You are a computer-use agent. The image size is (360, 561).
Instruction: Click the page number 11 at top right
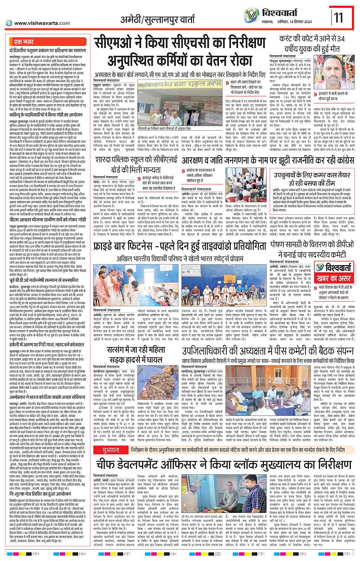click(x=339, y=17)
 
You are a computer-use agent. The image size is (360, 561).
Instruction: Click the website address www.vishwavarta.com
click(x=42, y=23)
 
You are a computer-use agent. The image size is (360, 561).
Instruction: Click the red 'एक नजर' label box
click(x=24, y=42)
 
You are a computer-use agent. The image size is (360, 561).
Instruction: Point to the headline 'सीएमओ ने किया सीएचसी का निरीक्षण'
click(x=180, y=43)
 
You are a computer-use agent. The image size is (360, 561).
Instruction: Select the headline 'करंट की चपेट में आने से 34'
click(x=312, y=39)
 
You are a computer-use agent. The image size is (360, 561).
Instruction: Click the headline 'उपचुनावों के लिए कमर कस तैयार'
click(x=312, y=175)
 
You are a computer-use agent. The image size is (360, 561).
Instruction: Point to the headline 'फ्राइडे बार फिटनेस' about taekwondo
click(x=180, y=246)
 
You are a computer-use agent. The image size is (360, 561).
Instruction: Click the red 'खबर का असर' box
click(x=334, y=278)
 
